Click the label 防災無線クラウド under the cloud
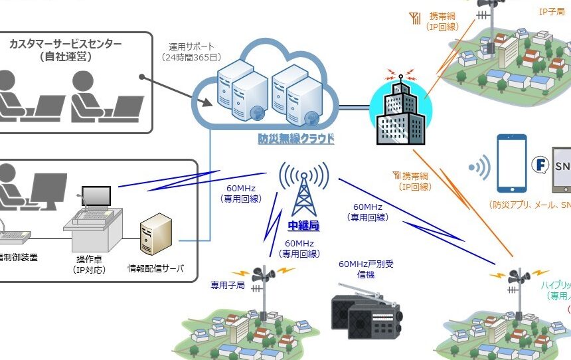296,139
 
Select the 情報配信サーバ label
155,269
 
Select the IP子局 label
550,11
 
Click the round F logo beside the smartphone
540,164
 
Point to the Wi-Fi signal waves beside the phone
480,167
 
